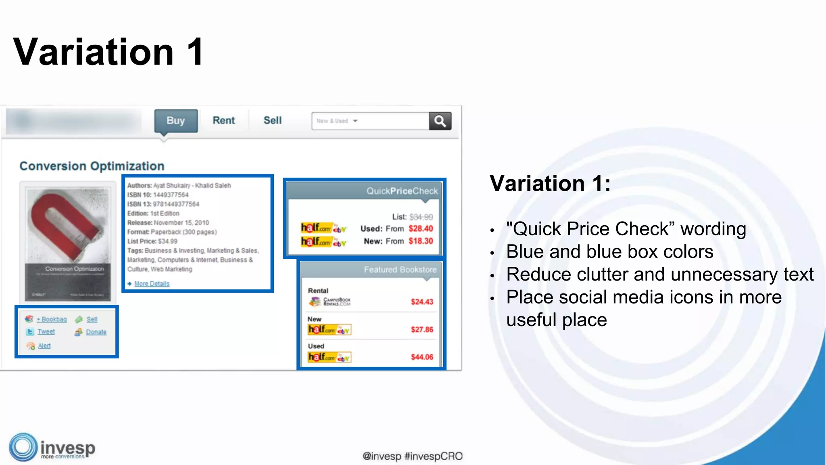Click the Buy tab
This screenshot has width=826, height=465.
click(x=176, y=121)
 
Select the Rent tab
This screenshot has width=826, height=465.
click(x=223, y=121)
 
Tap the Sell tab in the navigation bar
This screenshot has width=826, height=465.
click(x=273, y=121)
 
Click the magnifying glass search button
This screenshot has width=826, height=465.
click(x=440, y=121)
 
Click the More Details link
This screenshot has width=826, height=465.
click(x=152, y=284)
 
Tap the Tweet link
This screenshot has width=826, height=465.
click(x=46, y=332)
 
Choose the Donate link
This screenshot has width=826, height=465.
click(x=96, y=332)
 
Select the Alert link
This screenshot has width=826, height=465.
click(x=44, y=346)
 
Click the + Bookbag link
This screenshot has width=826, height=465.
click(x=52, y=319)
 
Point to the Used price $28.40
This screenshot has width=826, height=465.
click(x=421, y=229)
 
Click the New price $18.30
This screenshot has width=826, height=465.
click(x=421, y=241)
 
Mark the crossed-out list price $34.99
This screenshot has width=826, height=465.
click(x=421, y=217)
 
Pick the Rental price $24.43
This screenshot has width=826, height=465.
click(x=422, y=302)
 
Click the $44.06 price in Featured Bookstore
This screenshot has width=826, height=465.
click(x=422, y=357)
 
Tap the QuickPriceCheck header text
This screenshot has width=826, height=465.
click(x=402, y=191)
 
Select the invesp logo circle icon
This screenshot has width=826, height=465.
click(x=23, y=447)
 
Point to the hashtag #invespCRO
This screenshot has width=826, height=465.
click(x=433, y=457)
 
